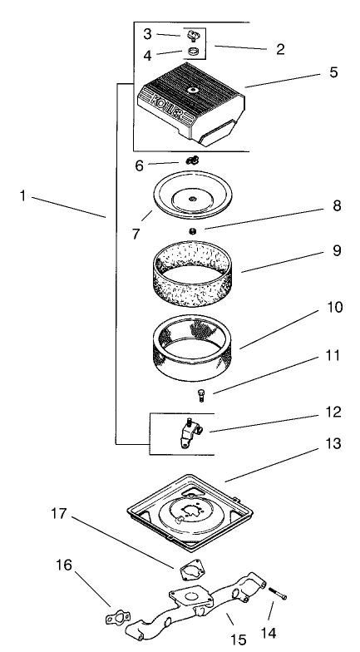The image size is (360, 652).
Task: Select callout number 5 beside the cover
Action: click(x=333, y=72)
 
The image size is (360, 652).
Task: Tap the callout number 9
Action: click(x=337, y=249)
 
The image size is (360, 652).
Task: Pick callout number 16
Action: click(x=64, y=566)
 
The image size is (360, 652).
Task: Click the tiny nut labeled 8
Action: click(x=192, y=230)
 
